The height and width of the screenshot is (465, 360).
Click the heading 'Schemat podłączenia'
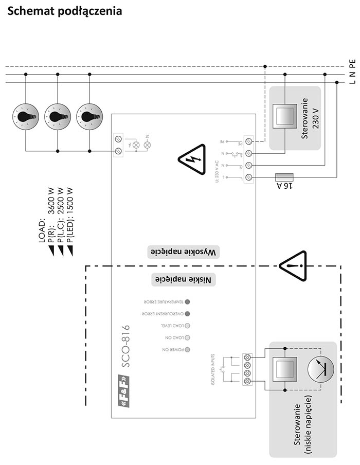click(x=65, y=11)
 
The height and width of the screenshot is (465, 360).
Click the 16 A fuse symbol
click(x=284, y=177)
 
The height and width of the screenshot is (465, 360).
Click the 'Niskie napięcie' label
click(x=184, y=279)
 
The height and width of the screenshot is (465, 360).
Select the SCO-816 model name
click(x=124, y=346)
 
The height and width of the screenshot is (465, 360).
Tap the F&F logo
click(x=124, y=391)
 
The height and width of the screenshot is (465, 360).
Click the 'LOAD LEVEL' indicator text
click(x=172, y=326)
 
